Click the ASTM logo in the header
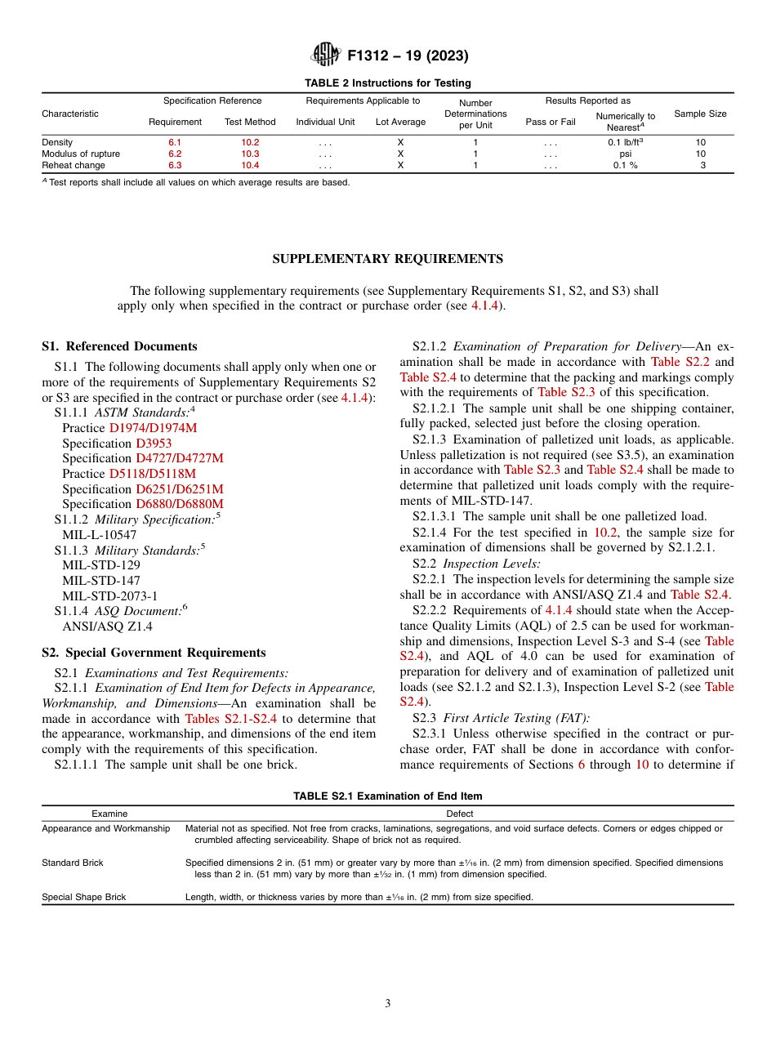coord(327,56)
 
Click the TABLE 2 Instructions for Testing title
coord(387,83)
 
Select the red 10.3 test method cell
coord(250,154)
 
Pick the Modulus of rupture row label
coord(81,154)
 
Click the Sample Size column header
coord(700,114)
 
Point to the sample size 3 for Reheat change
coord(701,165)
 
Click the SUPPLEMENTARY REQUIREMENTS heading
coord(387,259)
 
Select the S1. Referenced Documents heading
coord(119,346)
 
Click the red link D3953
coord(154,444)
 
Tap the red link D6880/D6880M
coord(179,504)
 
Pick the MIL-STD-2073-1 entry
coord(109,596)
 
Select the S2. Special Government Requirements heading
coord(154,653)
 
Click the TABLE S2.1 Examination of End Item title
coord(387,796)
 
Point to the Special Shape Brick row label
coord(84,897)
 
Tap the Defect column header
coord(459,814)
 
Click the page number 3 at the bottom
coord(387,1004)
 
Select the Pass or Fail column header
coord(551,122)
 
